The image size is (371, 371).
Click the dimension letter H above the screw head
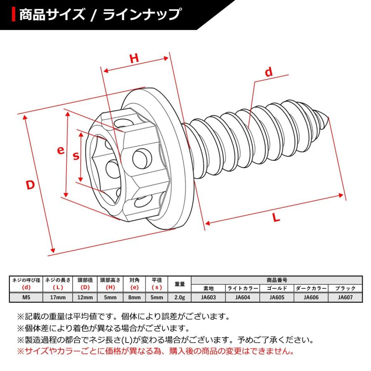pos(134,59)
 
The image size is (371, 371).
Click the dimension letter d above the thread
pos(269,73)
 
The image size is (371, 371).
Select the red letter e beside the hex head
pos(61,150)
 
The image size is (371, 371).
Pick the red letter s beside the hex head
pos(76,156)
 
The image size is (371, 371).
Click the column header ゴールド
pos(276,288)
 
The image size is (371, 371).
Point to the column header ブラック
pos(345,288)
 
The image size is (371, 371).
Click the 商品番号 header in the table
pos(276,279)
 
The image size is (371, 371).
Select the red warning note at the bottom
pos(155,352)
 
